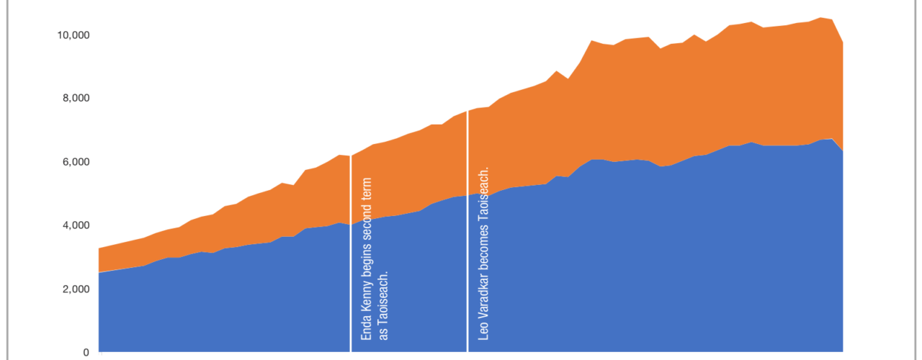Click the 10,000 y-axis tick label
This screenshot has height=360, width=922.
72,35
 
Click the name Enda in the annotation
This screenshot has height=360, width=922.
366,328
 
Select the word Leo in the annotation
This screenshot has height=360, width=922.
483,332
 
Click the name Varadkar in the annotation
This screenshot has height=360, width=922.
483,299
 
